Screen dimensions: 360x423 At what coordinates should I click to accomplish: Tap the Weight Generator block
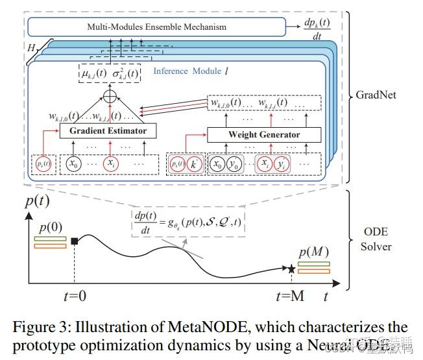click(x=264, y=134)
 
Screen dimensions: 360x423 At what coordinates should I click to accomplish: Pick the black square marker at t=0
click(x=75, y=242)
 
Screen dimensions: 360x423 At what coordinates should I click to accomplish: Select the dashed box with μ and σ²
click(x=108, y=73)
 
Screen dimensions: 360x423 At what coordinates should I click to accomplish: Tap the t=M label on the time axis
click(x=290, y=296)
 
